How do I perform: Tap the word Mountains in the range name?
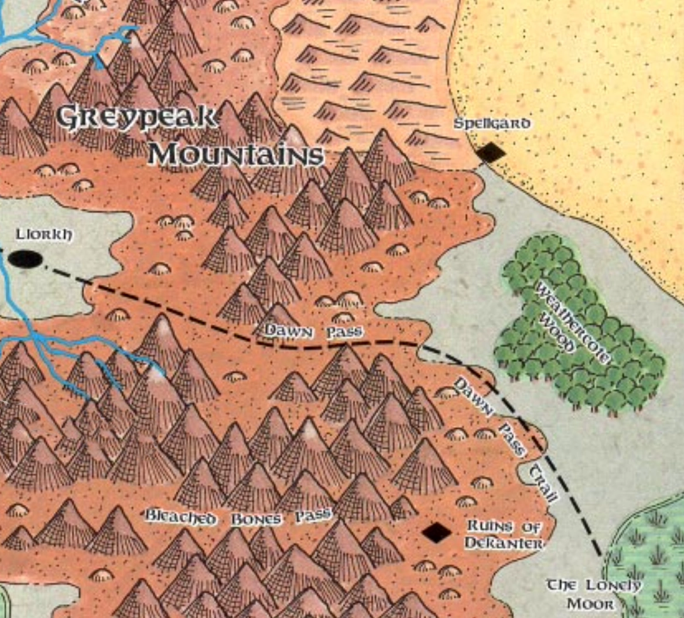pos(235,155)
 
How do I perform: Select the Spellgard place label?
pos(492,124)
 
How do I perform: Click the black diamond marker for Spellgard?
pos(491,153)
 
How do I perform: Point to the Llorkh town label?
pos(44,235)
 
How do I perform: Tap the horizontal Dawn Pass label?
pos(313,332)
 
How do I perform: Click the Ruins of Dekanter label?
pos(503,535)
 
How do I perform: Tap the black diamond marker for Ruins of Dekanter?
pos(437,532)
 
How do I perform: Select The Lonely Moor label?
pos(593,594)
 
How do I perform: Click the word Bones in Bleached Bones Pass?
pos(256,518)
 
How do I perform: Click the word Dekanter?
pos(503,544)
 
